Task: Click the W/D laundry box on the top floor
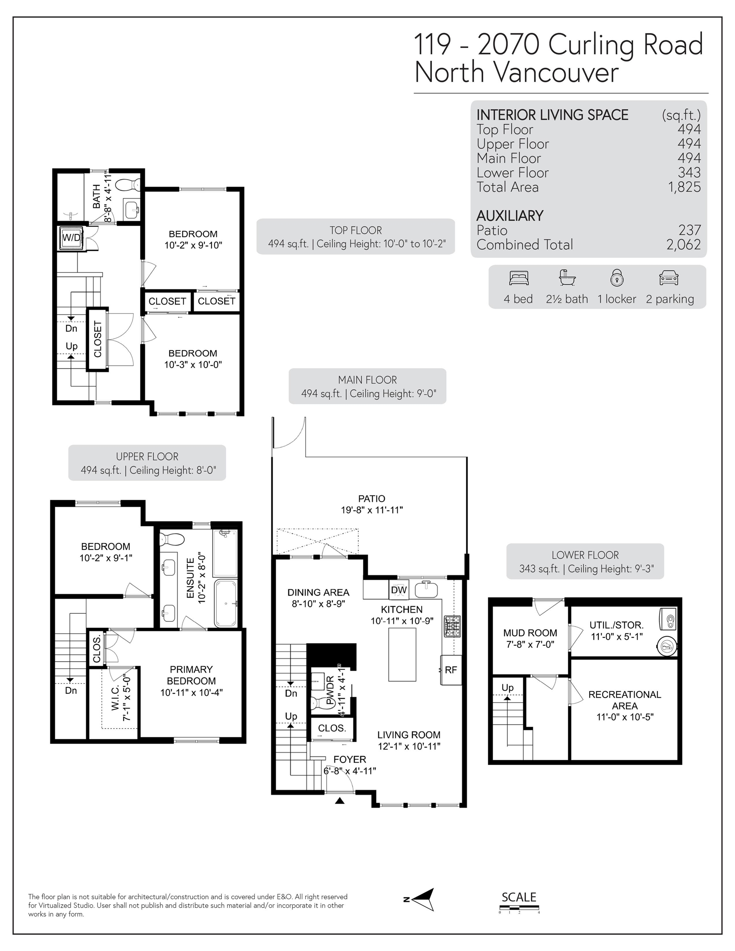(x=71, y=238)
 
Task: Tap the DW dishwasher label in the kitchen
(x=398, y=590)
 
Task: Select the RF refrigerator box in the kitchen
(x=451, y=670)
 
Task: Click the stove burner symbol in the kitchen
(x=452, y=627)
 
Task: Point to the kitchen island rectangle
(x=402, y=654)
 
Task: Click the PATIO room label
(x=372, y=499)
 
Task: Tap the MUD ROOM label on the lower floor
(x=530, y=633)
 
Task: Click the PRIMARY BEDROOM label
(x=191, y=675)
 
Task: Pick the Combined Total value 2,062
(x=683, y=245)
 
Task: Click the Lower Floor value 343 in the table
(x=689, y=173)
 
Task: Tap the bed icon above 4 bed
(x=519, y=278)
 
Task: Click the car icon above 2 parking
(x=669, y=278)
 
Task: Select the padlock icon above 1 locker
(x=616, y=278)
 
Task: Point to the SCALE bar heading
(x=519, y=897)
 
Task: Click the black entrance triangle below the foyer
(x=340, y=800)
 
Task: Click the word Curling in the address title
(x=591, y=45)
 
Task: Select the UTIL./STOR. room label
(x=616, y=625)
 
